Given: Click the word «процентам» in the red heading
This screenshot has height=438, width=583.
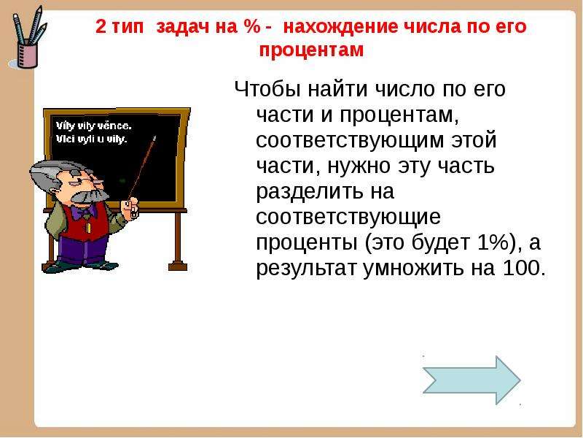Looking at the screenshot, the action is coord(311,50).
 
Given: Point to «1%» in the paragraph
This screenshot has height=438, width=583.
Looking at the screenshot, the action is coord(492,242).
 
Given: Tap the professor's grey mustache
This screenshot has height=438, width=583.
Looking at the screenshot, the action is coord(89,196).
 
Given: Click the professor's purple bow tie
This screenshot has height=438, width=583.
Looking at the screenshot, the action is coord(82,212).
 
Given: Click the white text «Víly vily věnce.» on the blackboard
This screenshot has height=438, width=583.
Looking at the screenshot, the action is coord(94,126).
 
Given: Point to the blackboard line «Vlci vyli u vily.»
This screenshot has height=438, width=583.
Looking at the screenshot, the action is coord(92,139).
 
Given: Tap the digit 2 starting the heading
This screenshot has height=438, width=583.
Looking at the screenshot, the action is coord(101,27).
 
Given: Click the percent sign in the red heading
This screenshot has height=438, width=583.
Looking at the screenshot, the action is coord(252,27).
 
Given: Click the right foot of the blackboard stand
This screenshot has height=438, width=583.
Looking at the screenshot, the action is coord(178,266).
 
